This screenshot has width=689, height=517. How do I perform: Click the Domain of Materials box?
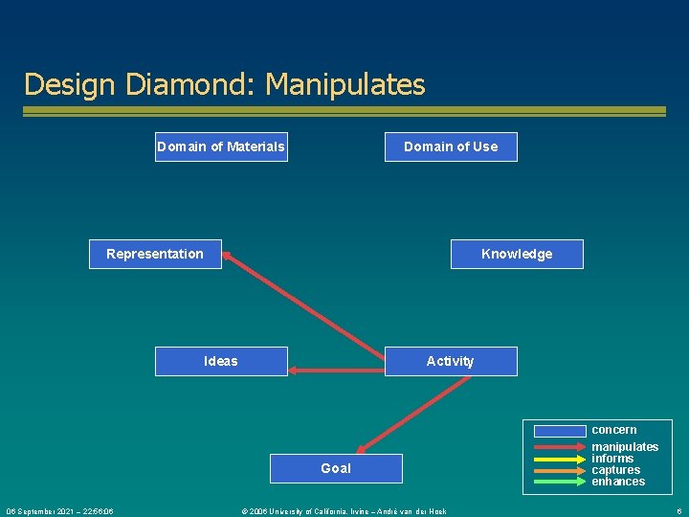tap(221, 146)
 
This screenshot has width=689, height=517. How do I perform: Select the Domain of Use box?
tap(451, 146)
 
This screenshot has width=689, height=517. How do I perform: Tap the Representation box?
tap(155, 254)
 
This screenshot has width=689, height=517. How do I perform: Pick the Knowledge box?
tap(517, 254)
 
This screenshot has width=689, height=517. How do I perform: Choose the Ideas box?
tap(221, 361)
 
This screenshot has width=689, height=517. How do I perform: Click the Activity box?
tap(450, 361)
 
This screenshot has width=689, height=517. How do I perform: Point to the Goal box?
tap(336, 468)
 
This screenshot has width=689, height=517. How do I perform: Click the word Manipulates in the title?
tap(345, 84)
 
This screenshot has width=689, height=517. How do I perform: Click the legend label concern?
tap(613, 430)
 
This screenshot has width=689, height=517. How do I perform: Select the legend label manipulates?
tap(625, 447)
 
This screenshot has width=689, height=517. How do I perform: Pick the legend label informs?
tap(612, 459)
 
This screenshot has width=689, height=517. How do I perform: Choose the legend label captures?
tap(616, 470)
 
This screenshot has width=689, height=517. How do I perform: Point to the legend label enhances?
tap(618, 482)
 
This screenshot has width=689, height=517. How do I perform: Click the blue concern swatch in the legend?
tap(560, 431)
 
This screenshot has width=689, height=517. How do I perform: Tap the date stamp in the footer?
tap(59, 511)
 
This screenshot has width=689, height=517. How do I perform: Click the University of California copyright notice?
tap(344, 511)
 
